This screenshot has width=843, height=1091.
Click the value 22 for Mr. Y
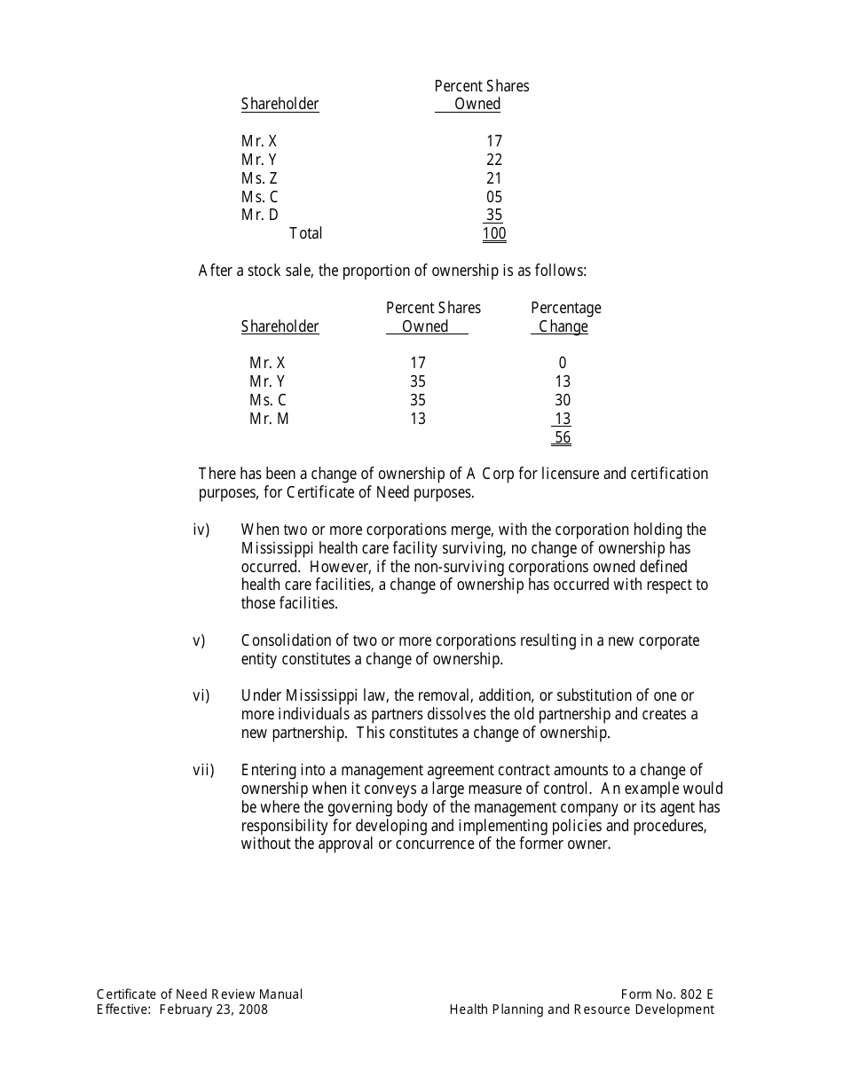(494, 160)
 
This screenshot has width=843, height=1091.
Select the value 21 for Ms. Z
(494, 178)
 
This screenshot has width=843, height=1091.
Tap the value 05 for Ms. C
(494, 197)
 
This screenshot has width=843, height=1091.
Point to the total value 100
(494, 234)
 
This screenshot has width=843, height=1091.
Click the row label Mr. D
(259, 215)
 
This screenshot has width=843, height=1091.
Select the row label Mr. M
(269, 419)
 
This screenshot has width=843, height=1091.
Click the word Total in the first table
(306, 233)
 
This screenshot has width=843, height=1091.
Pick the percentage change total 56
(563, 437)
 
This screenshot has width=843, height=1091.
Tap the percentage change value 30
(563, 400)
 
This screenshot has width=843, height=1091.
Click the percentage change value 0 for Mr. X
(563, 363)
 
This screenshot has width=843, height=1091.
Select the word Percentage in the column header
(565, 308)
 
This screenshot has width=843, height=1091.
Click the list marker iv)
(201, 530)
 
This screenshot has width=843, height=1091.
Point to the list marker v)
(199, 640)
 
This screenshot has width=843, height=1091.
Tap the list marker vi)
(201, 695)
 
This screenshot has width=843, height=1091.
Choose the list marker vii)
(203, 770)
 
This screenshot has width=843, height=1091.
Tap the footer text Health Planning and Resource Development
(581, 1009)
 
